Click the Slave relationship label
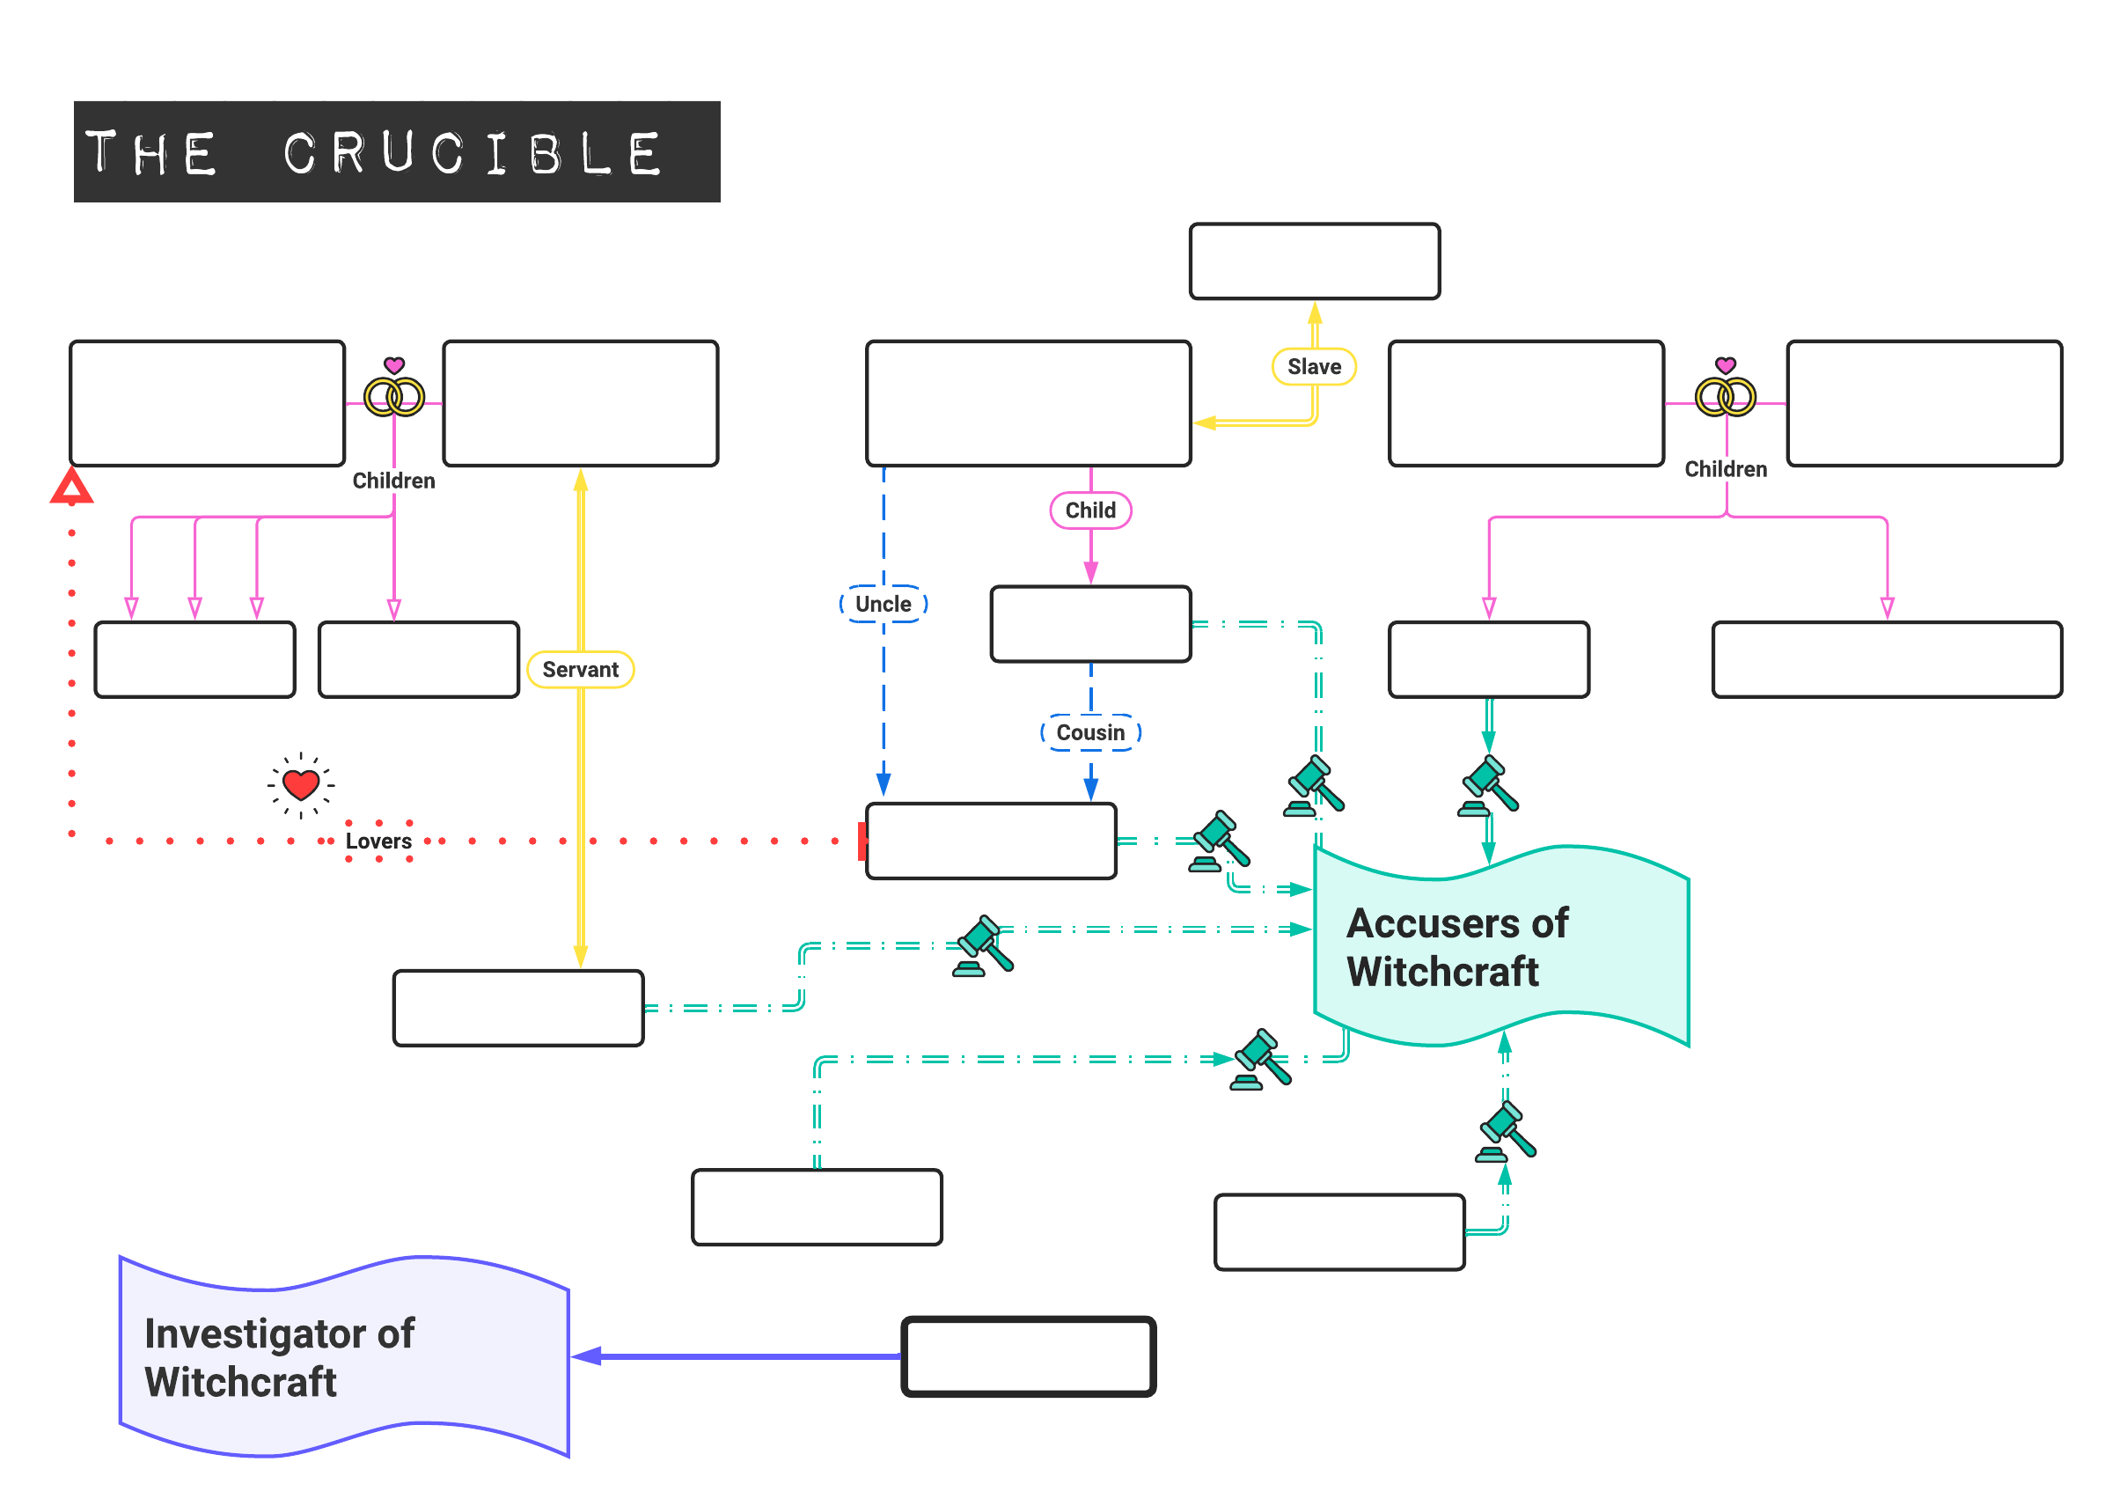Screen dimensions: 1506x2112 (1314, 366)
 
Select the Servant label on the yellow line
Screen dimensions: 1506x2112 (581, 670)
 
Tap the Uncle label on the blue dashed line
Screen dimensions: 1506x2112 (883, 604)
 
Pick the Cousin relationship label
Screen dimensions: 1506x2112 (1090, 732)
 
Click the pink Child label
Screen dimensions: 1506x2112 (1090, 510)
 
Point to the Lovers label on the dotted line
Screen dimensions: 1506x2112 (378, 841)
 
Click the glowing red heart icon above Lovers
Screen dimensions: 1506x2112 (301, 784)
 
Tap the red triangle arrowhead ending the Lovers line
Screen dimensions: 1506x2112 (71, 487)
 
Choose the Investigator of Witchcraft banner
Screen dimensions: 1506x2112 (343, 1356)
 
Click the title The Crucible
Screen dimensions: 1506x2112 (397, 152)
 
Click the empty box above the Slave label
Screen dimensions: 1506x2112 (1314, 261)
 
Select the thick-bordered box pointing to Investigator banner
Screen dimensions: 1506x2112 (1028, 1355)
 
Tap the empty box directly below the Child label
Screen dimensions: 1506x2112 (1090, 624)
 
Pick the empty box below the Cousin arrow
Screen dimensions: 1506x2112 (990, 841)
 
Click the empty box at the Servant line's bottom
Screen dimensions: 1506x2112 (518, 1008)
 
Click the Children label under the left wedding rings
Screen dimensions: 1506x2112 (393, 481)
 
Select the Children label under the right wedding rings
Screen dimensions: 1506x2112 (1725, 469)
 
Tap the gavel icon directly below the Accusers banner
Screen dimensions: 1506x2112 (1505, 1131)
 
